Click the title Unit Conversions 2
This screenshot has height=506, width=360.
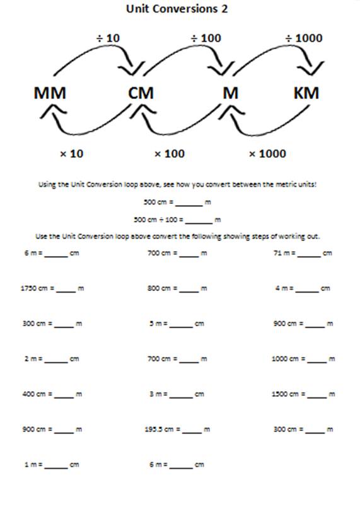coord(177,9)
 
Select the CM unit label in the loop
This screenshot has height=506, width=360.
coord(141,94)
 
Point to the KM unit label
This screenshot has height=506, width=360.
coord(306,94)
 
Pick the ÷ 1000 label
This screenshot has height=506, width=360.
coord(305,38)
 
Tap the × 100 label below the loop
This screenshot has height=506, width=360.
coord(170,153)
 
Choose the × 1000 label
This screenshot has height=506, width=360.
coord(267,153)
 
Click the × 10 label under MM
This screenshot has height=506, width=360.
coord(71,153)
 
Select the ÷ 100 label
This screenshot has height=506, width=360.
coord(206,38)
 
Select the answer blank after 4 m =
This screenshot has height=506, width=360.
coord(307,290)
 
